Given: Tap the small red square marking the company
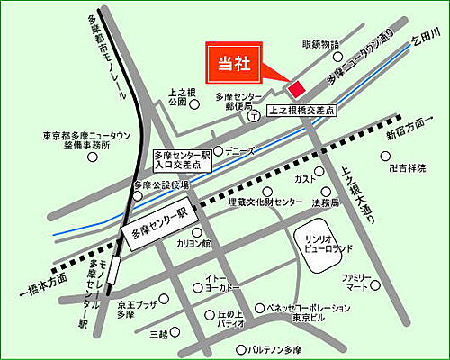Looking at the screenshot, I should [x=295, y=87].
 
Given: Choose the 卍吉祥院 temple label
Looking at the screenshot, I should [x=400, y=168].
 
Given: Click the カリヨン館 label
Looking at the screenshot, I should [x=193, y=244].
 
